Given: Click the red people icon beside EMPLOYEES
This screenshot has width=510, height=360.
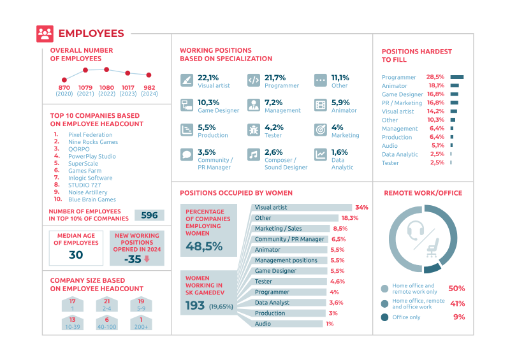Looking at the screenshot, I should [45, 33].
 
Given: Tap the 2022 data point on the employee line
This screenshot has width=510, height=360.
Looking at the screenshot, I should [106, 69].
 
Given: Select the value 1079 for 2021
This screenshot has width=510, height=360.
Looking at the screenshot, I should [85, 87].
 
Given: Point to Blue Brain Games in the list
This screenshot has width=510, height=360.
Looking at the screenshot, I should [92, 199].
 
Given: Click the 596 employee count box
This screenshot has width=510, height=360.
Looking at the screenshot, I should [149, 215].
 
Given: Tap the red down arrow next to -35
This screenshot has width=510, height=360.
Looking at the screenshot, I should [147, 259].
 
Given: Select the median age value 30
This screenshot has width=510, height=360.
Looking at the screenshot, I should [76, 255].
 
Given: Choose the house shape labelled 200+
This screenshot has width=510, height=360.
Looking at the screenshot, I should [142, 323].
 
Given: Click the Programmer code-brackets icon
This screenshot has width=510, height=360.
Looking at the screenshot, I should [253, 81].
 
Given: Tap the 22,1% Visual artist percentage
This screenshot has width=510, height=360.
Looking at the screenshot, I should [208, 77].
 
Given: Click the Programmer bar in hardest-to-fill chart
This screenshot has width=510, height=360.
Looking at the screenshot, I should [457, 77].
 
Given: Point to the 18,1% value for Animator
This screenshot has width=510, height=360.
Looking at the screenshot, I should [436, 85].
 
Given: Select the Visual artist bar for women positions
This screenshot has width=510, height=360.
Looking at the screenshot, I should [302, 208].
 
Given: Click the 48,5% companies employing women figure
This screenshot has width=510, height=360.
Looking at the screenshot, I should [203, 245].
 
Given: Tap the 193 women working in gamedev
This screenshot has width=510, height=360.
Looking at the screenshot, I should [194, 306].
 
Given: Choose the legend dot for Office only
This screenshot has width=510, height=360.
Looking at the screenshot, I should [384, 317].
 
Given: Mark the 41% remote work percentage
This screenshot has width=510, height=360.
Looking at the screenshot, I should [457, 304].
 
